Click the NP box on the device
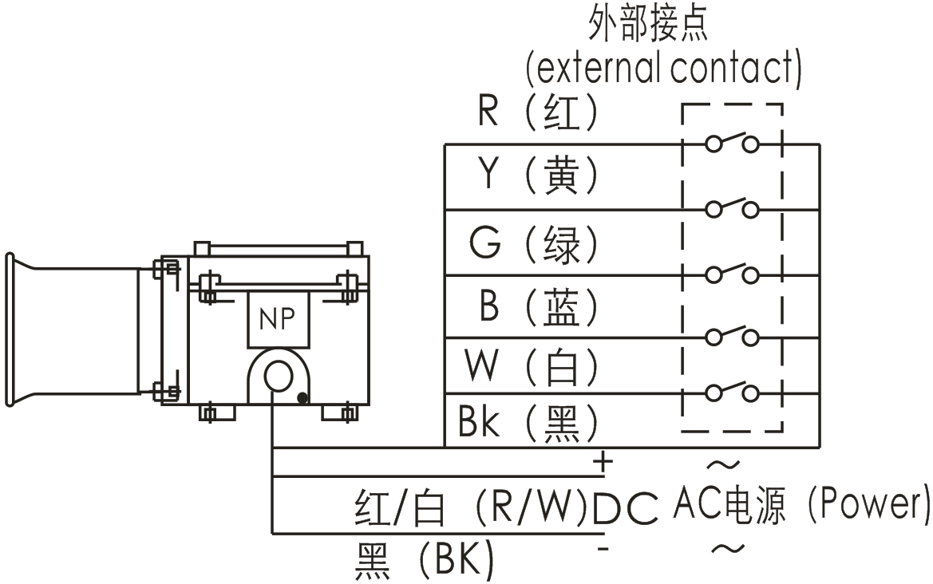click(277, 319)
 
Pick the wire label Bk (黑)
click(528, 422)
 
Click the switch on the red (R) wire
click(732, 142)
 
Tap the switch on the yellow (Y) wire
click(732, 207)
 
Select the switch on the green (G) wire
click(732, 273)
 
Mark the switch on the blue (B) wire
click(732, 335)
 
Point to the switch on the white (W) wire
click(732, 391)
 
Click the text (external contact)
click(663, 69)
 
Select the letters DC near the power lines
click(626, 508)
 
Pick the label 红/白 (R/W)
click(471, 508)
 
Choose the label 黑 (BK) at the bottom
click(423, 562)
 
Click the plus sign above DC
click(603, 461)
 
